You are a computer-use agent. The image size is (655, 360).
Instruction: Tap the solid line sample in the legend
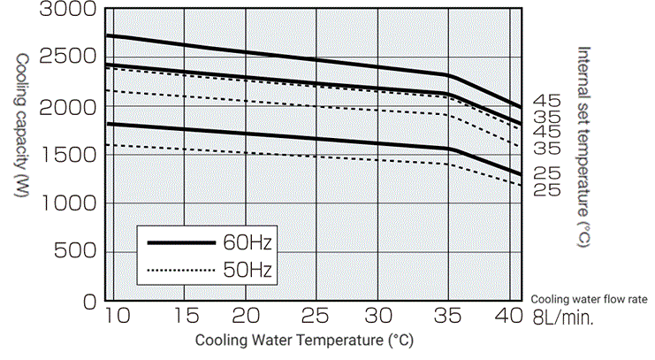(x=181, y=241)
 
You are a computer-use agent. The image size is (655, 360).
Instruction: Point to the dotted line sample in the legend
(x=181, y=269)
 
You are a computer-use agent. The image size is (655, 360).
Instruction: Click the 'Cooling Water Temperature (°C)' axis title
(x=303, y=340)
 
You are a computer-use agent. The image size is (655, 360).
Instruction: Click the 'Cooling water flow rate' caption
(x=587, y=300)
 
